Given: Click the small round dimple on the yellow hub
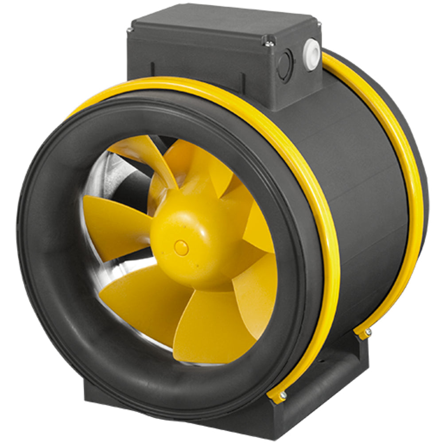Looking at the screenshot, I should click(181, 248).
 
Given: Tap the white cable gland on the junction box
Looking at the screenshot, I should click(311, 54).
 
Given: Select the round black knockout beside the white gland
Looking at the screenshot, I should click(285, 66).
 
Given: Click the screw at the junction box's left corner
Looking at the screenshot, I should click(129, 30).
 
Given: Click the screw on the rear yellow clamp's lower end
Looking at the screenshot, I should click(368, 331).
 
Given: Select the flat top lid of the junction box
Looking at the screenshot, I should click(221, 22).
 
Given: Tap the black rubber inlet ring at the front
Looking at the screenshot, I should click(49, 266).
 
